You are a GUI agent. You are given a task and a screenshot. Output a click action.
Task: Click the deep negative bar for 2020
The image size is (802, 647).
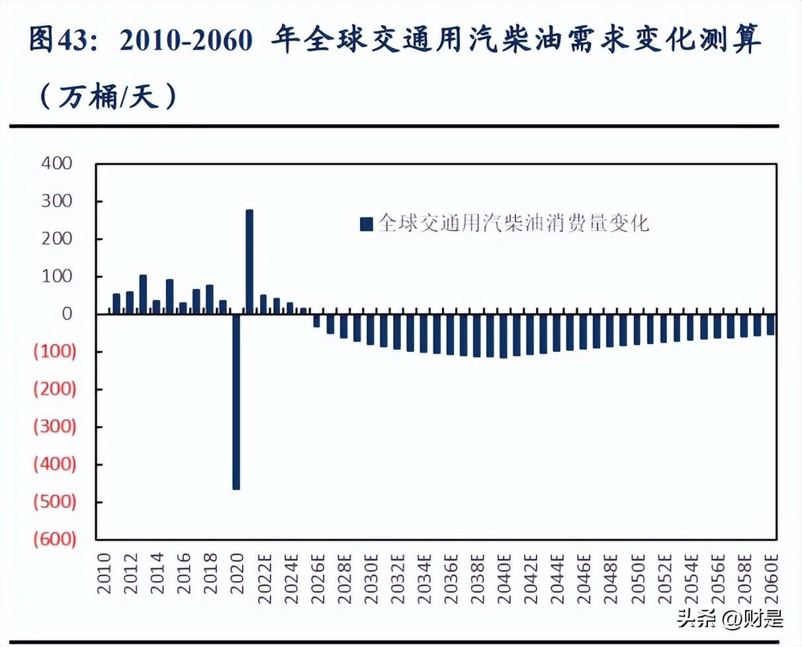click(236, 401)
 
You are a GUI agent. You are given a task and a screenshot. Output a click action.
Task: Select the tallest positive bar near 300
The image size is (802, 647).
click(249, 261)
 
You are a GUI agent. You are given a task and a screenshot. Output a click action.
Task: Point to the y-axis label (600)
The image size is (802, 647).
click(55, 540)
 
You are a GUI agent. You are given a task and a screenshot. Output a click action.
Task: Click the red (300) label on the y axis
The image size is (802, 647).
click(55, 427)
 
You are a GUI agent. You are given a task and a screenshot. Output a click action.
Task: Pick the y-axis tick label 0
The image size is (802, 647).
click(66, 314)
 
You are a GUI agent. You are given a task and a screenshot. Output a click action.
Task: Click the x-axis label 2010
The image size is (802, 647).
click(104, 574)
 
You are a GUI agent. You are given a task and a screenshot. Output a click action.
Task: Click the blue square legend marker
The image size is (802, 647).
click(366, 224)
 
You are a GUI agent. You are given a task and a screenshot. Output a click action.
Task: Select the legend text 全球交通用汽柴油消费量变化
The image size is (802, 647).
click(513, 224)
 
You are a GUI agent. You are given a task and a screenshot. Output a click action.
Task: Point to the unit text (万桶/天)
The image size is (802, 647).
click(109, 97)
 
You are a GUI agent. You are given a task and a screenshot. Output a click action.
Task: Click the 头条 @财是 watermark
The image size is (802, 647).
click(729, 619)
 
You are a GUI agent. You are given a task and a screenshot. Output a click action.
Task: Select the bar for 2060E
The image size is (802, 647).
click(770, 324)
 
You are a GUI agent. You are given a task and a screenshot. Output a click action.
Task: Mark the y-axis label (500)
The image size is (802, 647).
click(55, 502)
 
